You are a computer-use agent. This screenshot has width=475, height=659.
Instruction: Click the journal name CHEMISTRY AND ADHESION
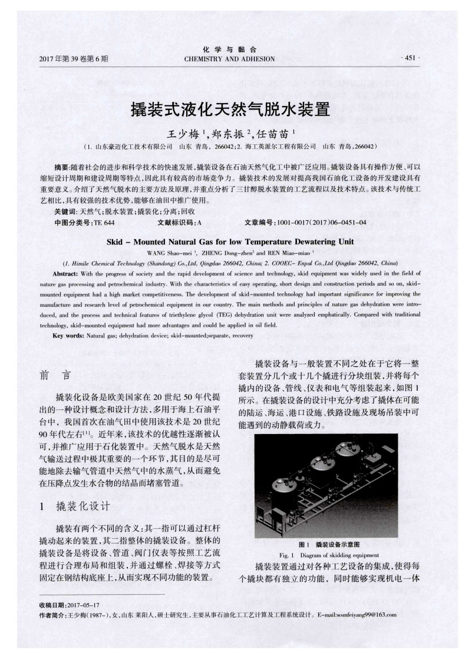coord(229,59)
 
